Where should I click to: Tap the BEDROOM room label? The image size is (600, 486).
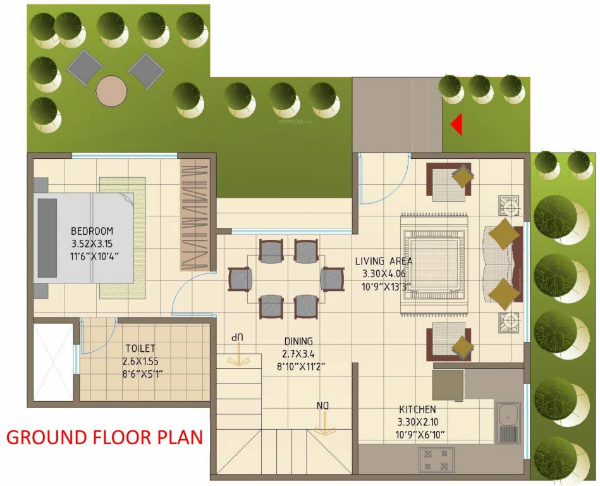point(92,230)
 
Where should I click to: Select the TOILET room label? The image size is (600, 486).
point(140,348)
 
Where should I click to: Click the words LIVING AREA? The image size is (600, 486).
point(383,261)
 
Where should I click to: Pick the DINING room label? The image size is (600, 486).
point(298,341)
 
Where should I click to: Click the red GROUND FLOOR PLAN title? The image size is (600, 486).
point(105,438)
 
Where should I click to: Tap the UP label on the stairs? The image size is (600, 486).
point(238,337)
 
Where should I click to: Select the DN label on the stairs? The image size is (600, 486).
point(324,405)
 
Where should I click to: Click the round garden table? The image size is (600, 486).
point(113,90)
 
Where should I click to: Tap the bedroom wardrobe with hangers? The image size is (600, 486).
point(194,215)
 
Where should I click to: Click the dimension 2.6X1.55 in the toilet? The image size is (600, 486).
point(140,361)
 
